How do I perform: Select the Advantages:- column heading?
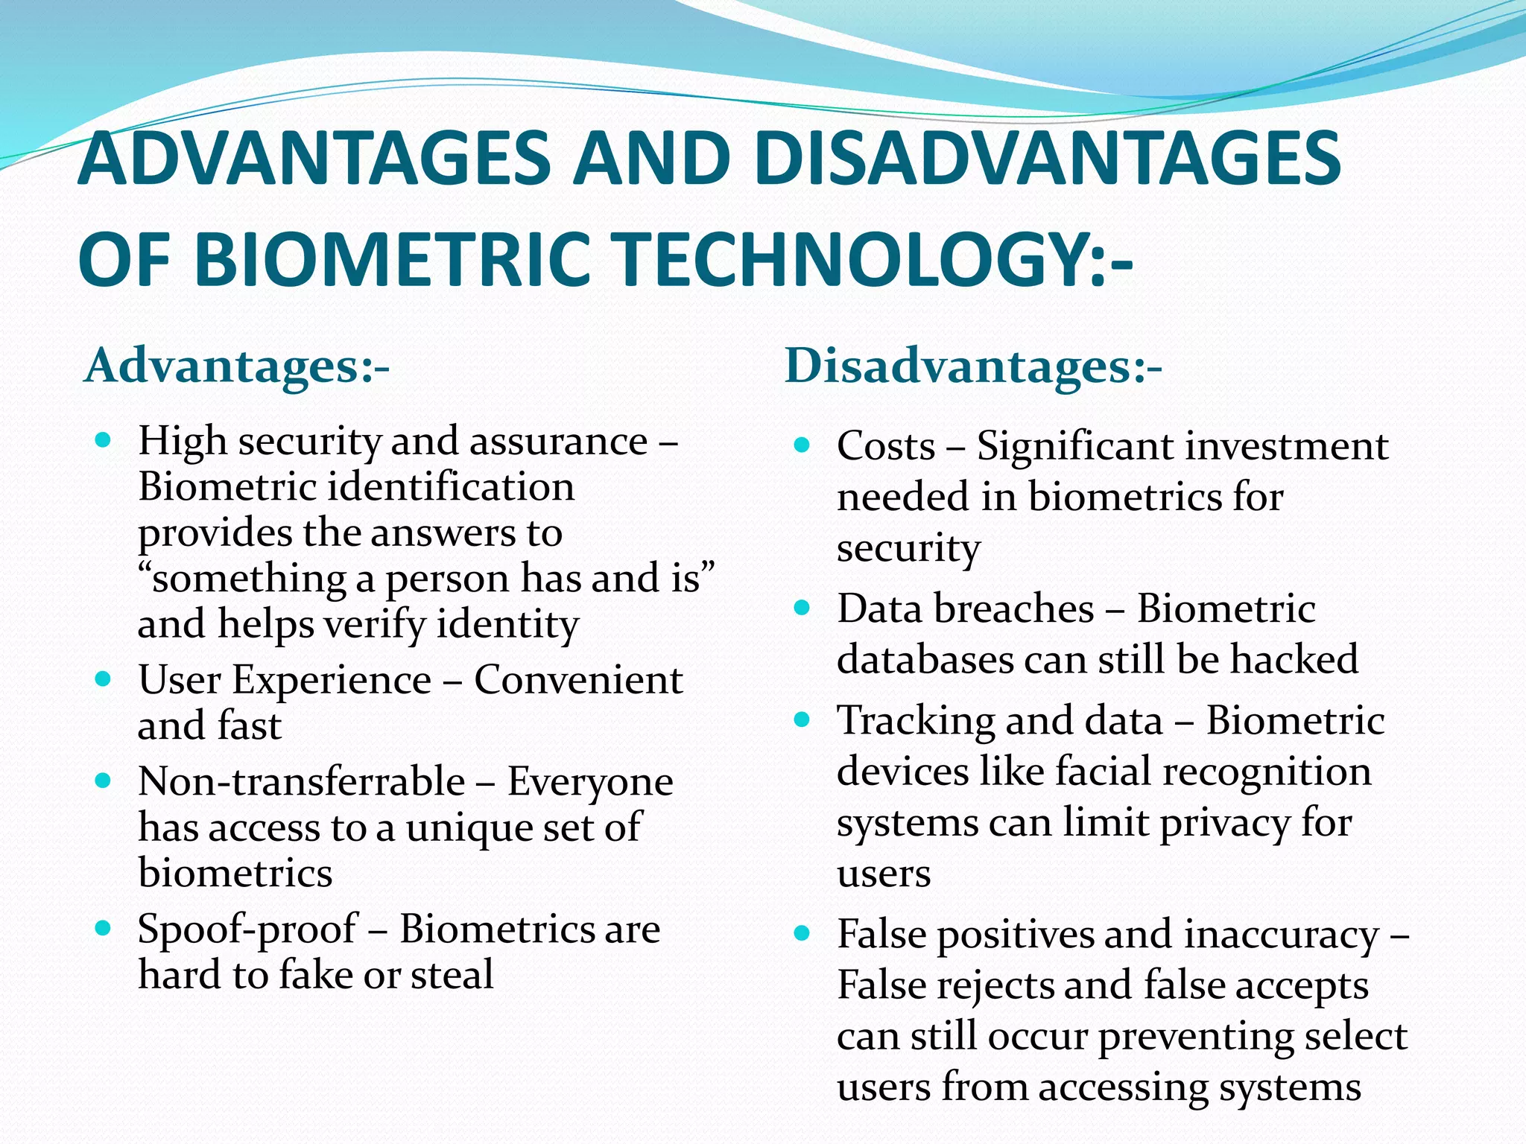coord(237,366)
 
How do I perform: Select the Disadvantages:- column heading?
coord(973,366)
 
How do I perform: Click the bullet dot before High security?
coord(104,440)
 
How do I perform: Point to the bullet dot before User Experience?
coord(104,679)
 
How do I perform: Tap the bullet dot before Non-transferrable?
coord(104,781)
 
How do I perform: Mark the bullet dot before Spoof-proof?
coord(104,928)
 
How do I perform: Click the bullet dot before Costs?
coord(802,445)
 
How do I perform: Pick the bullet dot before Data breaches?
coord(802,608)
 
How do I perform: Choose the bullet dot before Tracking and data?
coord(802,719)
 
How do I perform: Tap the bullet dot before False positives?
coord(802,932)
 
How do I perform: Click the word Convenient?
coord(578,679)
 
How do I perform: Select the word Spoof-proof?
coord(247,929)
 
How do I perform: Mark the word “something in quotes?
coord(243,579)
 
